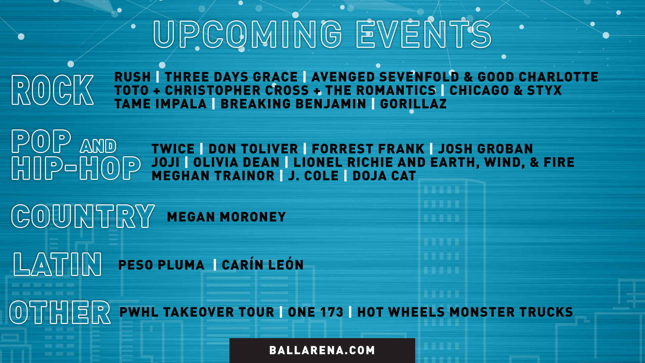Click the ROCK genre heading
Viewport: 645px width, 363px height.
click(52, 90)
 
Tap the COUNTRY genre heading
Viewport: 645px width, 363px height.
click(83, 216)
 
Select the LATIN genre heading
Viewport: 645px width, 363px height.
click(57, 265)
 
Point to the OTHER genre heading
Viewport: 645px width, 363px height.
click(60, 313)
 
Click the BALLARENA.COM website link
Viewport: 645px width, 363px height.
click(322, 350)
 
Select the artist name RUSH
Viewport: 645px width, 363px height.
click(132, 77)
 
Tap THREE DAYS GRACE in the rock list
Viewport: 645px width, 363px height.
click(231, 77)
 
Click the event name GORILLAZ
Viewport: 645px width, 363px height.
click(413, 104)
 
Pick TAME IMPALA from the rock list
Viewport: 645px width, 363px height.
click(161, 104)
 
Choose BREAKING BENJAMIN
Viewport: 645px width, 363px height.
click(293, 104)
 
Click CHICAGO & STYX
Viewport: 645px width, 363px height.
click(506, 90)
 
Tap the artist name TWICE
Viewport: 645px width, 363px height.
click(173, 149)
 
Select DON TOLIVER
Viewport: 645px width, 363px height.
click(253, 149)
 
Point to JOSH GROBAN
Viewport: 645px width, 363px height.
click(485, 149)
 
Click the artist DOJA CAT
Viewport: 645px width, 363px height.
click(384, 176)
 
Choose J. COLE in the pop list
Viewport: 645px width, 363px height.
click(313, 176)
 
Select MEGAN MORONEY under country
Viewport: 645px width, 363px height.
click(226, 217)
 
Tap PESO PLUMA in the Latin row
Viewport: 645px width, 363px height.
click(162, 265)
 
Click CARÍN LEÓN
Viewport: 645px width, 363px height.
click(263, 265)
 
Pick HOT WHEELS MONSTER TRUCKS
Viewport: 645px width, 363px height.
click(465, 312)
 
